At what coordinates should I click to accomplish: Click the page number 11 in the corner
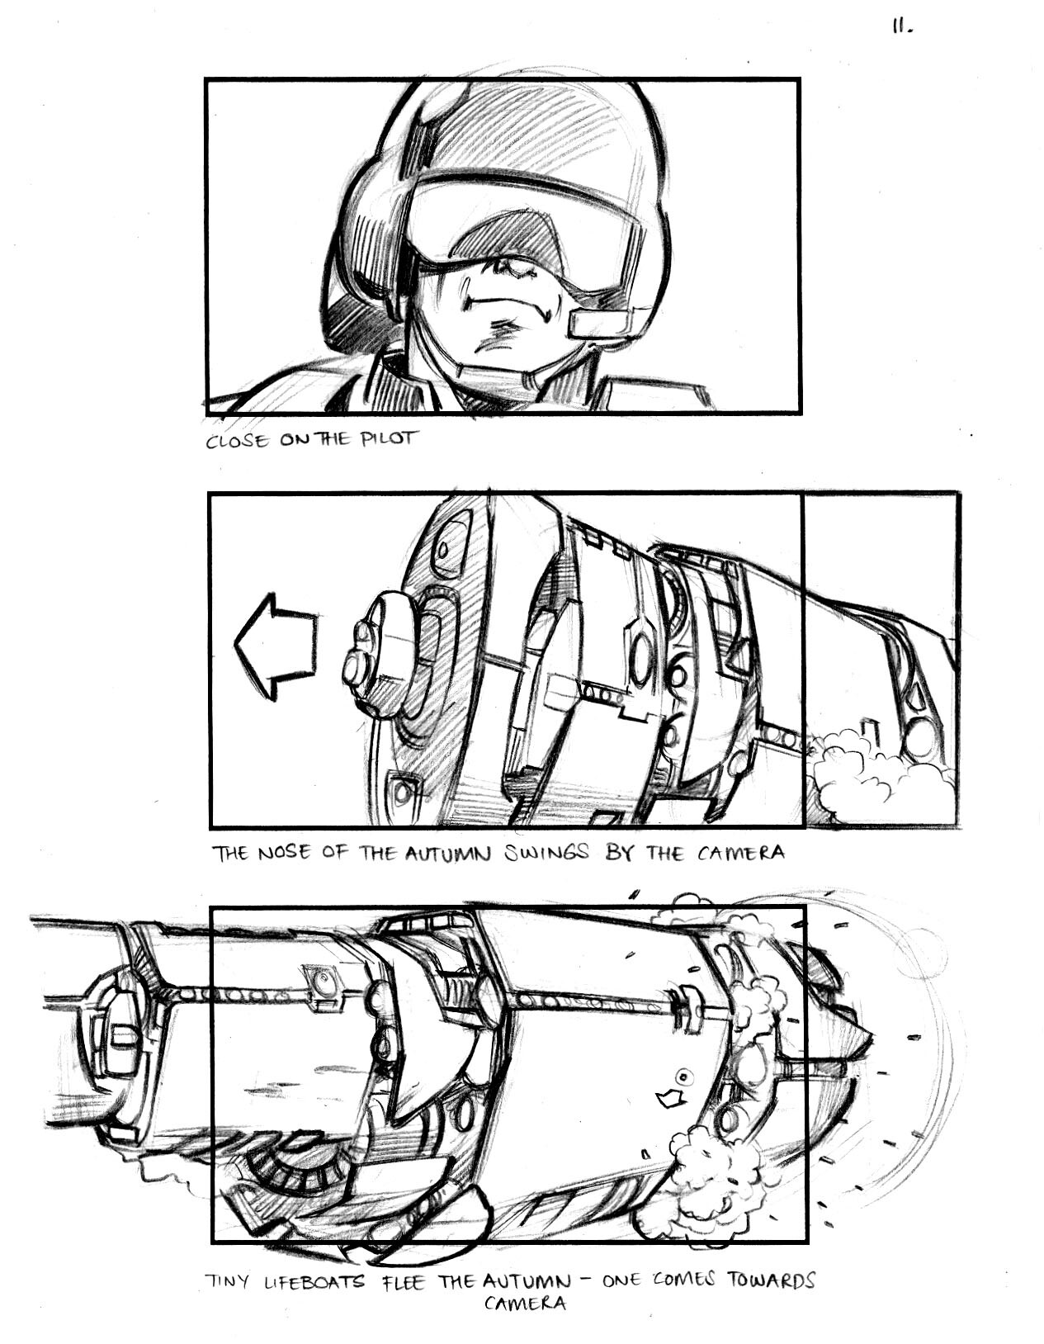(902, 27)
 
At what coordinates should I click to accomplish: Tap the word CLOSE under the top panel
(238, 442)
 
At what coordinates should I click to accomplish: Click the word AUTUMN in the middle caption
(447, 854)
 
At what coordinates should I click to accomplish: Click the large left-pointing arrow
(275, 646)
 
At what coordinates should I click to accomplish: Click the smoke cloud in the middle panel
(881, 779)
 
